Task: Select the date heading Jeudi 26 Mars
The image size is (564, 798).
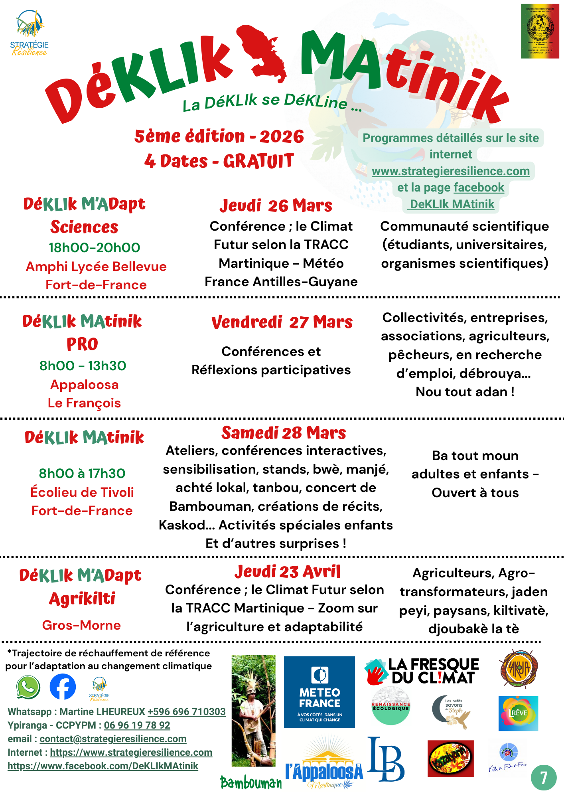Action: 276,206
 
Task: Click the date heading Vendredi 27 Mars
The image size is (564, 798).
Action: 282,322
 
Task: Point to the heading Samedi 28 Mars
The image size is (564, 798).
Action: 284,433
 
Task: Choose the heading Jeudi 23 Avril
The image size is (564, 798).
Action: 287,572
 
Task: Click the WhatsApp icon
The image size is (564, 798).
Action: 28,687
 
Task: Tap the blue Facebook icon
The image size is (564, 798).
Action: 63,687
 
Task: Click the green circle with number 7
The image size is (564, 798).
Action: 543,778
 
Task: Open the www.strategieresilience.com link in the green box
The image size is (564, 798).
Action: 451,171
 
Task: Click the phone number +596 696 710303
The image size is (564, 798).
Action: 187,712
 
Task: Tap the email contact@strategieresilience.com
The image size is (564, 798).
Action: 113,739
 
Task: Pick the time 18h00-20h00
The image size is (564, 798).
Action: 94,248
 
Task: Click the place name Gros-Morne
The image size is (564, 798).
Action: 81,625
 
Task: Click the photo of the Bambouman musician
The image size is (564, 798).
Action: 253,710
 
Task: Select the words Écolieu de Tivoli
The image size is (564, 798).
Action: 82,492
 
